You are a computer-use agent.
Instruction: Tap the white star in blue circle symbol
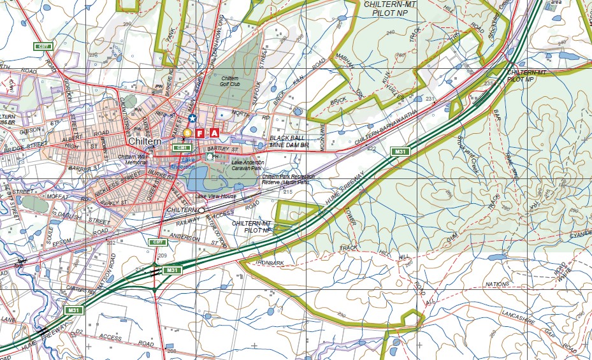[192, 119]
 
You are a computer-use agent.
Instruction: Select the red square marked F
[200, 133]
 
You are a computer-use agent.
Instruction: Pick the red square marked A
[215, 133]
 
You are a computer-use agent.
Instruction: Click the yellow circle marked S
[187, 133]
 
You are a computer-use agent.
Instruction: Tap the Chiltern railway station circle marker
[201, 210]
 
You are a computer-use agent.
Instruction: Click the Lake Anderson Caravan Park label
[237, 165]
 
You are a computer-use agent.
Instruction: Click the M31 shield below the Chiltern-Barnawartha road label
[400, 151]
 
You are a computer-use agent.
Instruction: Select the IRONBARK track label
[269, 262]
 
